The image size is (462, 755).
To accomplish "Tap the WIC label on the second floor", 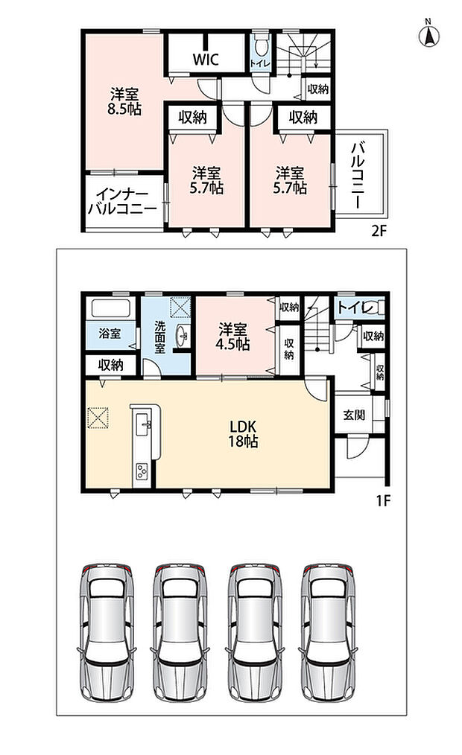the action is pos(206,60).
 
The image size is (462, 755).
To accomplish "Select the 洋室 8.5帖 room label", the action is pos(124,101).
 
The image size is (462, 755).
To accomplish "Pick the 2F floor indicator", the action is pos(379,232).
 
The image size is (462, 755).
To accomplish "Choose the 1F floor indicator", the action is pos(383,501).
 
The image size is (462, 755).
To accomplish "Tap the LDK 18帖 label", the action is pos(243,433).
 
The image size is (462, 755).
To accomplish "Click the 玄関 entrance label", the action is pos(354,415).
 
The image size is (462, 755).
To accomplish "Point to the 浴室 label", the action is pos(110,334).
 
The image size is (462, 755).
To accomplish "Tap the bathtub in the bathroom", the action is pos(110,308).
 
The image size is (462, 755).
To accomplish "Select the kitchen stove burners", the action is pos(142,471).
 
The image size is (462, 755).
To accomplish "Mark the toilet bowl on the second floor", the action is pos(261,47).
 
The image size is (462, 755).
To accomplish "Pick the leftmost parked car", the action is pos(107,631).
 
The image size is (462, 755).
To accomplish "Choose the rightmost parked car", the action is pos(329,631).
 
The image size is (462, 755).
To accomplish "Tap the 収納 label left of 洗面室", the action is pos(111,365).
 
